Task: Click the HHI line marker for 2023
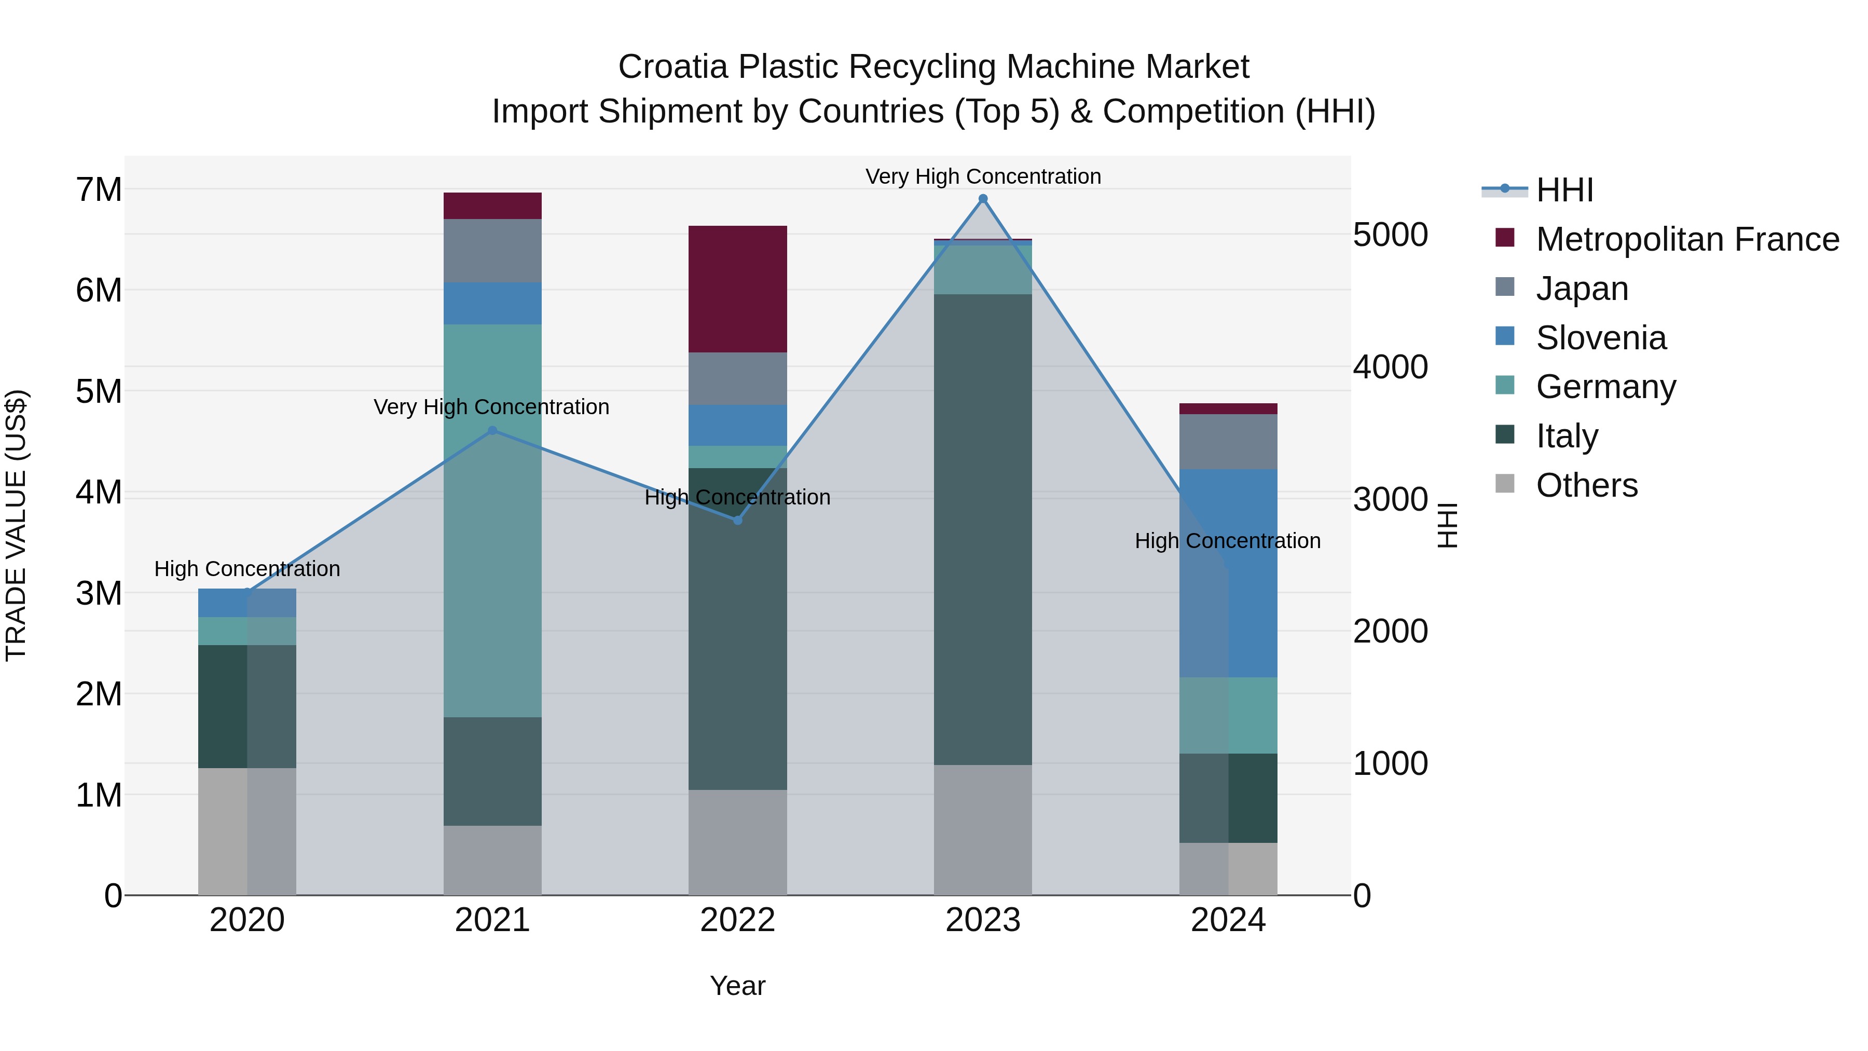983,199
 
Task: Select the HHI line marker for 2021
492,430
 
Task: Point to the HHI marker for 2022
737,520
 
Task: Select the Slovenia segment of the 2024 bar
1228,573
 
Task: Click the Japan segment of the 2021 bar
492,250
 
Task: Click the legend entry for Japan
1582,289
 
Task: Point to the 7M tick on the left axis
99,190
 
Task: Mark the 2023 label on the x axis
983,920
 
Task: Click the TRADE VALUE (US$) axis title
17,525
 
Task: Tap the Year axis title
737,986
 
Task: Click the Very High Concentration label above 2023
983,176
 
